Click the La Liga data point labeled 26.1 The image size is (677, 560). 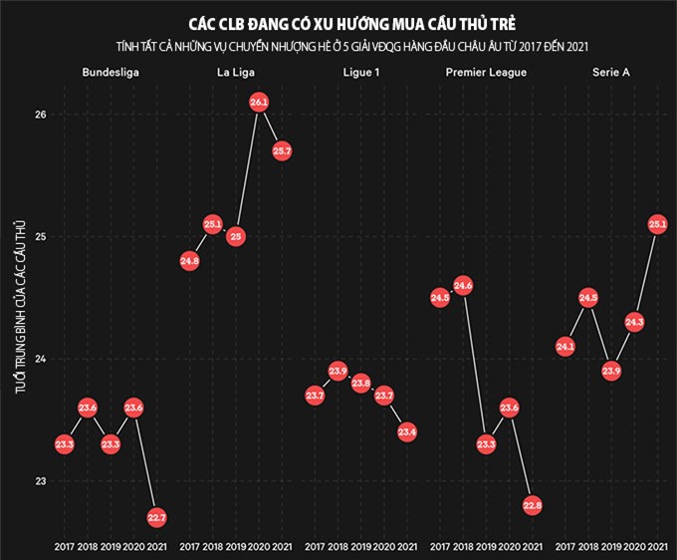click(x=259, y=103)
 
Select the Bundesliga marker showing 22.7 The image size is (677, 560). click(x=156, y=517)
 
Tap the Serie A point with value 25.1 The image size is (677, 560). click(x=657, y=224)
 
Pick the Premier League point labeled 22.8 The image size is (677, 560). click(x=533, y=505)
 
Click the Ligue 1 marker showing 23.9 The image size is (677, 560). click(x=338, y=372)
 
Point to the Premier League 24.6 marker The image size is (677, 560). click(x=463, y=286)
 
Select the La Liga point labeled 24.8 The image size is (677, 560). click(x=190, y=261)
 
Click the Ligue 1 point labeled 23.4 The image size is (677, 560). click(x=406, y=432)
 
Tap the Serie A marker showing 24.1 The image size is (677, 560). click(x=565, y=347)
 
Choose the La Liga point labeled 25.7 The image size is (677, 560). click(x=282, y=151)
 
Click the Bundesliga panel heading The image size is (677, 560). click(x=111, y=73)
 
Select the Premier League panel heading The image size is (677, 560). click(x=486, y=73)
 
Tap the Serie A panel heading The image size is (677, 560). click(x=611, y=73)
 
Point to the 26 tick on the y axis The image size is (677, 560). click(x=40, y=115)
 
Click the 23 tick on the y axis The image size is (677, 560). click(x=40, y=481)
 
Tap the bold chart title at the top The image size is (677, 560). click(x=338, y=22)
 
